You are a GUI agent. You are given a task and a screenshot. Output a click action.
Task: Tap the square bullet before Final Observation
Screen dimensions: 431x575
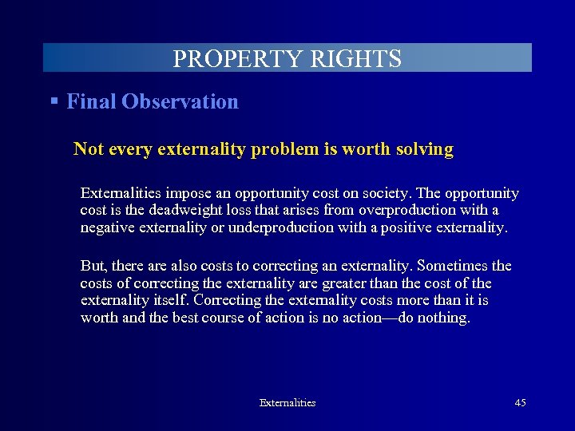(54, 101)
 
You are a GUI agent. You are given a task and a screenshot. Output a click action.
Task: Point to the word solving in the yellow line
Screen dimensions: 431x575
(424, 149)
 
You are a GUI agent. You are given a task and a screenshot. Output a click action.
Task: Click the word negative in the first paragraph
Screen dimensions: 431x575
(105, 227)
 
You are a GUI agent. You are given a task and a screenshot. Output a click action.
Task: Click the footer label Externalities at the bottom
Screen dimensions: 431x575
(287, 403)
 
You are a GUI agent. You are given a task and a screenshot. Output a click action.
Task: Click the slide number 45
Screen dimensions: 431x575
(520, 403)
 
